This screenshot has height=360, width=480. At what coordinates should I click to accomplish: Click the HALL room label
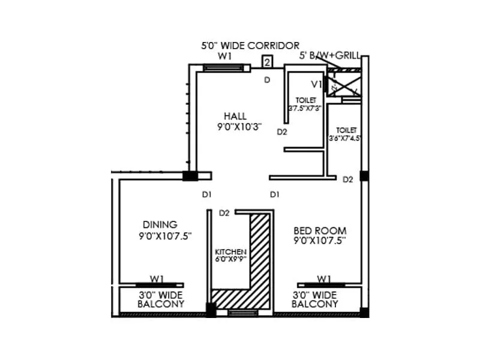pos(236,116)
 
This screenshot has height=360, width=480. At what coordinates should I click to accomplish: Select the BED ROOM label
pos(320,230)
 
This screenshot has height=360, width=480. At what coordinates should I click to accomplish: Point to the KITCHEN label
pos(230,252)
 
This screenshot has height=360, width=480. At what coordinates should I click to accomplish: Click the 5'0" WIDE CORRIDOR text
pos(250,46)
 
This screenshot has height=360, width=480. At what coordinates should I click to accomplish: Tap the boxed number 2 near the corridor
pos(268,62)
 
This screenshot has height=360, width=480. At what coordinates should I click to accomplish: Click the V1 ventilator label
pos(316,83)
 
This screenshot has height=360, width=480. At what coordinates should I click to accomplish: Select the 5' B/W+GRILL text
pos(330,56)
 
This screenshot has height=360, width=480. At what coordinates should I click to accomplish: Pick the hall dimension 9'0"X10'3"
pos(240,127)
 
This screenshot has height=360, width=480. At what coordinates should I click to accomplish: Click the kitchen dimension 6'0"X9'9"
pos(231,260)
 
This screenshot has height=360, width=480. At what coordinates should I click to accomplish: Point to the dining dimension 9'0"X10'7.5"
pos(164,236)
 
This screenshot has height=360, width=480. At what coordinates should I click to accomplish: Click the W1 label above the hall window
pos(225,56)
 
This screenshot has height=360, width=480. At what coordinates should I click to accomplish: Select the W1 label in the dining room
pos(157,278)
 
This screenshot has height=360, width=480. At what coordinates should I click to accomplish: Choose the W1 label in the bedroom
pos(324,278)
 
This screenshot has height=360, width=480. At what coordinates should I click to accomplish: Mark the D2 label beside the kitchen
pos(225,212)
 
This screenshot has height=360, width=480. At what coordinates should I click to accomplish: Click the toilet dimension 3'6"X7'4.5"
pos(343,138)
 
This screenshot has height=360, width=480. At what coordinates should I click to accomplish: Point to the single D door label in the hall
pos(267,80)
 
